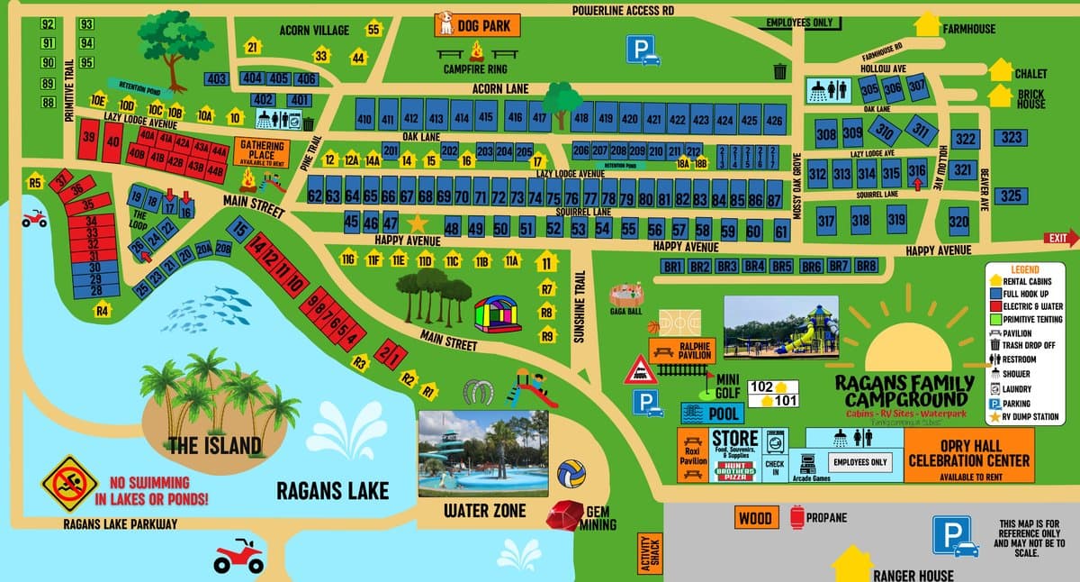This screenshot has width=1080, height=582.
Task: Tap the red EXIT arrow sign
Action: click(1060, 239)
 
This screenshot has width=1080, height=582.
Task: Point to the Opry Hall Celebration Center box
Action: click(968, 453)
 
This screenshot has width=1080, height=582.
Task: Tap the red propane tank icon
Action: click(796, 518)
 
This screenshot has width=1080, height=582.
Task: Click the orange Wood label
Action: click(757, 518)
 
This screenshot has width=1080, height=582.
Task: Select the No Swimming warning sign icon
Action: click(68, 484)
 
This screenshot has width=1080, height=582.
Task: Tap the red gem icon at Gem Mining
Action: click(565, 514)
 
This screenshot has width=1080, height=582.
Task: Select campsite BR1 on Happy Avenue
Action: click(672, 267)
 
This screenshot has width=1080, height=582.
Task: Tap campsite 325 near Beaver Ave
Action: click(1011, 196)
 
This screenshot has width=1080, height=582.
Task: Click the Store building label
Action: click(734, 439)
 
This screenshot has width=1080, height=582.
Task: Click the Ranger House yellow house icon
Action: click(851, 565)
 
